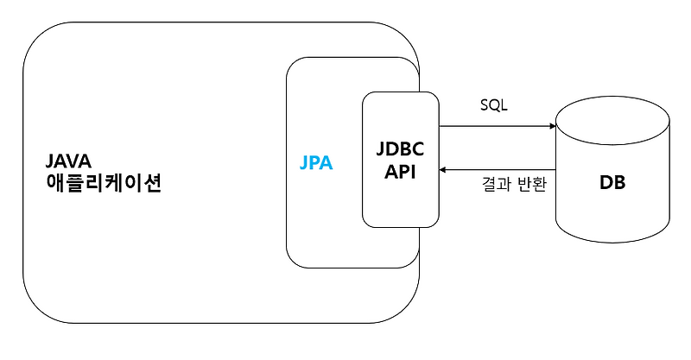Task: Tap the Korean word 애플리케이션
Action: tap(104, 185)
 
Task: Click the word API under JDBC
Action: tap(401, 171)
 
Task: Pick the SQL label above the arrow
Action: tap(494, 106)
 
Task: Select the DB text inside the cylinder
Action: tap(612, 184)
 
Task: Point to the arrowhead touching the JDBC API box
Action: tap(444, 170)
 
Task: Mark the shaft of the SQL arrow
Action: tap(497, 126)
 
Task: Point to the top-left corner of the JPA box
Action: tap(293, 65)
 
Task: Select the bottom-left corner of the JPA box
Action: tap(293, 260)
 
